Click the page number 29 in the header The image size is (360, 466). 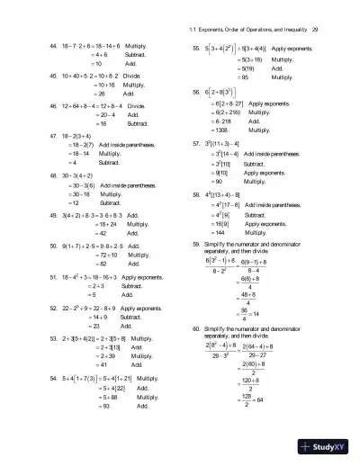[x=328, y=8]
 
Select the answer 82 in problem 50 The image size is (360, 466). [x=80, y=238]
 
